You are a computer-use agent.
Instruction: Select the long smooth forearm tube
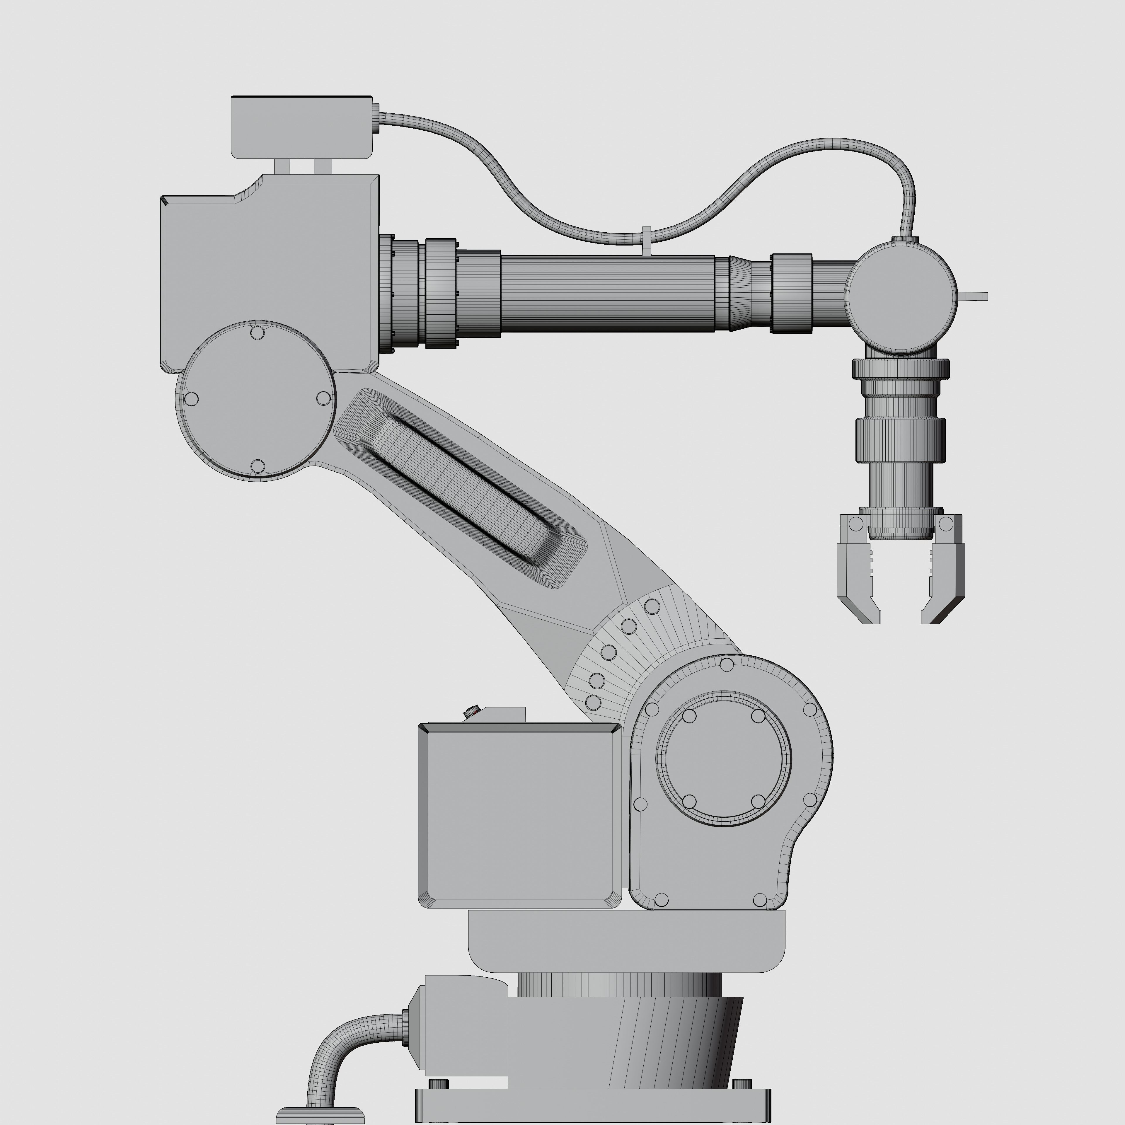click(606, 293)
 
